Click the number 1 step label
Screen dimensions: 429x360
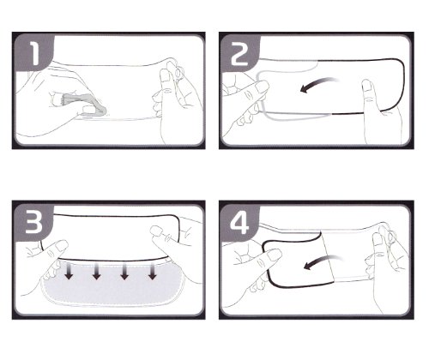click(34, 53)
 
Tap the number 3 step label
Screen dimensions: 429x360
click(34, 222)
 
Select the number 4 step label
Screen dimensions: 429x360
click(239, 224)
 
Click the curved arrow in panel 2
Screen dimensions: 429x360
click(317, 83)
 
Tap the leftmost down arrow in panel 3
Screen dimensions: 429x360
click(69, 271)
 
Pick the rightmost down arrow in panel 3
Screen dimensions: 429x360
click(153, 271)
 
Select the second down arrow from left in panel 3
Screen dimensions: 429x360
click(96, 271)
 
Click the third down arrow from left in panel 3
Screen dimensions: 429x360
click(124, 271)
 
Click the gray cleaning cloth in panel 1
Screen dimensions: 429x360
click(86, 105)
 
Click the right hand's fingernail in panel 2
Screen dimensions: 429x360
click(366, 86)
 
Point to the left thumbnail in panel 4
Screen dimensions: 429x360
click(274, 255)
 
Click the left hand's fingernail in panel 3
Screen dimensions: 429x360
click(62, 245)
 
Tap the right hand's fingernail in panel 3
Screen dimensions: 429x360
click(157, 231)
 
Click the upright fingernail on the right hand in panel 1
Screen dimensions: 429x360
click(165, 76)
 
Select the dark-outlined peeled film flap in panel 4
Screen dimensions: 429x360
click(298, 260)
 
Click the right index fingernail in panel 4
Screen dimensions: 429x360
click(377, 239)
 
